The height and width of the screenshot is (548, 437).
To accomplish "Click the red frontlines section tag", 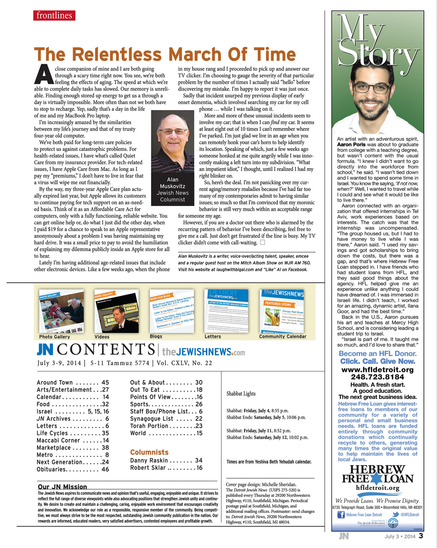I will point(54,16).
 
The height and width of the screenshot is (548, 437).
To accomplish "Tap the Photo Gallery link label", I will point(54,336).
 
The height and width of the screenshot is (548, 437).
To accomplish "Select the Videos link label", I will point(102,336).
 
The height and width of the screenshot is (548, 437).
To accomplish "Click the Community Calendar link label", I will point(283,336).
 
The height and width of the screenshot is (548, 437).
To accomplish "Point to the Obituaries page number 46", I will point(105,469).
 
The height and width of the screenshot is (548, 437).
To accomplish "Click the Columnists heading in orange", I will point(149,452).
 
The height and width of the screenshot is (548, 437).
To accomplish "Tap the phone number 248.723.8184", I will point(377,377).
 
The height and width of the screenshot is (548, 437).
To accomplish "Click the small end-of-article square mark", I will point(262,242).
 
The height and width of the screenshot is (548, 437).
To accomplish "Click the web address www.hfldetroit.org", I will point(377,370).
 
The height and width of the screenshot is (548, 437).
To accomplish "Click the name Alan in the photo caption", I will point(173,179).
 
